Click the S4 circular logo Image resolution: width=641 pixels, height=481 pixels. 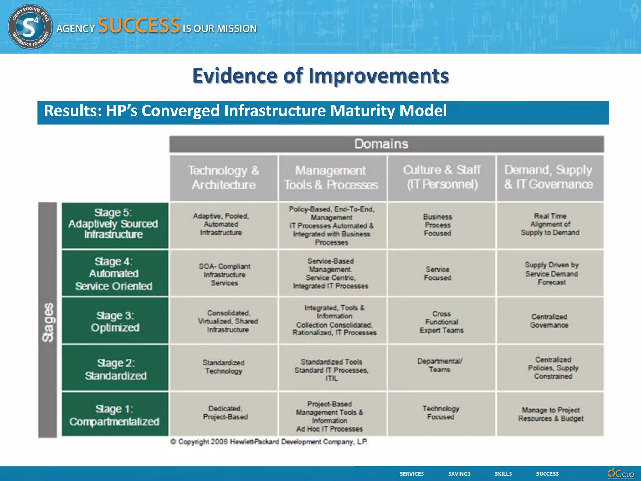30,27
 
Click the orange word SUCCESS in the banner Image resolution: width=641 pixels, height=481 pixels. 139,26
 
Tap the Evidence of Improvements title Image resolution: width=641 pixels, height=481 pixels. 320,75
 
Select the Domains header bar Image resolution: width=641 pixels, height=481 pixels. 387,144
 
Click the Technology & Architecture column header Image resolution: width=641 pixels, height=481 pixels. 223,178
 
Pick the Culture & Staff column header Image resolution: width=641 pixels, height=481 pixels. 442,177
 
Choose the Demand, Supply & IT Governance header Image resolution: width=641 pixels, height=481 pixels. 550,177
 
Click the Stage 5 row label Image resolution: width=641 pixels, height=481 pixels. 115,224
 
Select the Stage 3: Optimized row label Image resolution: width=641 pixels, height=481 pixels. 115,321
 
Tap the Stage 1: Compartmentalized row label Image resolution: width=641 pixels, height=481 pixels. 115,415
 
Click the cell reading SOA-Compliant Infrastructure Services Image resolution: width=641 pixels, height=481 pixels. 224,274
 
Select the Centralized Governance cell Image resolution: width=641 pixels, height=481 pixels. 550,321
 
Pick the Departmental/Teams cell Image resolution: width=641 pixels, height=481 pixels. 440,365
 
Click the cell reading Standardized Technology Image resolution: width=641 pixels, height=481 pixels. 223,367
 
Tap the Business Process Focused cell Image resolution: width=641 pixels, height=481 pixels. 438,225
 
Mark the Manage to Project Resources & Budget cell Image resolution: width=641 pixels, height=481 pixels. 551,414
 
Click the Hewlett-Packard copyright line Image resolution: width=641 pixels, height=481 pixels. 269,442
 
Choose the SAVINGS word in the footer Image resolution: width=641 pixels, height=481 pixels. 459,474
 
